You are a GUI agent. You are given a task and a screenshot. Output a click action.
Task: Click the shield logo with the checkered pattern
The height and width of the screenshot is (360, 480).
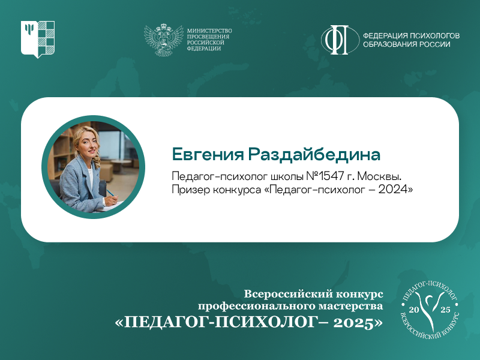(38, 39)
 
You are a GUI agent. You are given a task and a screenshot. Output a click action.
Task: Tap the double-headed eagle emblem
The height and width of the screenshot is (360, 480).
(164, 40)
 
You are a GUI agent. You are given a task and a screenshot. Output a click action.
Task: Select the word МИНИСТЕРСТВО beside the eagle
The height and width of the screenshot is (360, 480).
(209, 31)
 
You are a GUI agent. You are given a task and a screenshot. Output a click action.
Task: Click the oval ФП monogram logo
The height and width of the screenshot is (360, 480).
(340, 40)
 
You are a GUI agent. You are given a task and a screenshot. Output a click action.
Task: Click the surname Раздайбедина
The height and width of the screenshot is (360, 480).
(314, 154)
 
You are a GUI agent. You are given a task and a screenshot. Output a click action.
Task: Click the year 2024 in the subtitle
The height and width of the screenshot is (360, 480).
(393, 190)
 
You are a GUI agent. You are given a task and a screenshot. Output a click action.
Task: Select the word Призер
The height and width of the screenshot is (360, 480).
(190, 190)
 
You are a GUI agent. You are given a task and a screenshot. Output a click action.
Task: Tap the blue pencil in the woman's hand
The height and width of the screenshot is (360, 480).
(110, 193)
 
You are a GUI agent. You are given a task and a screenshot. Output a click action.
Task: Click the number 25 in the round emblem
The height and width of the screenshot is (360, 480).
(445, 310)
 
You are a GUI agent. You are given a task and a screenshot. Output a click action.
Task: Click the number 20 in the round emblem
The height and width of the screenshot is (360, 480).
(413, 310)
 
